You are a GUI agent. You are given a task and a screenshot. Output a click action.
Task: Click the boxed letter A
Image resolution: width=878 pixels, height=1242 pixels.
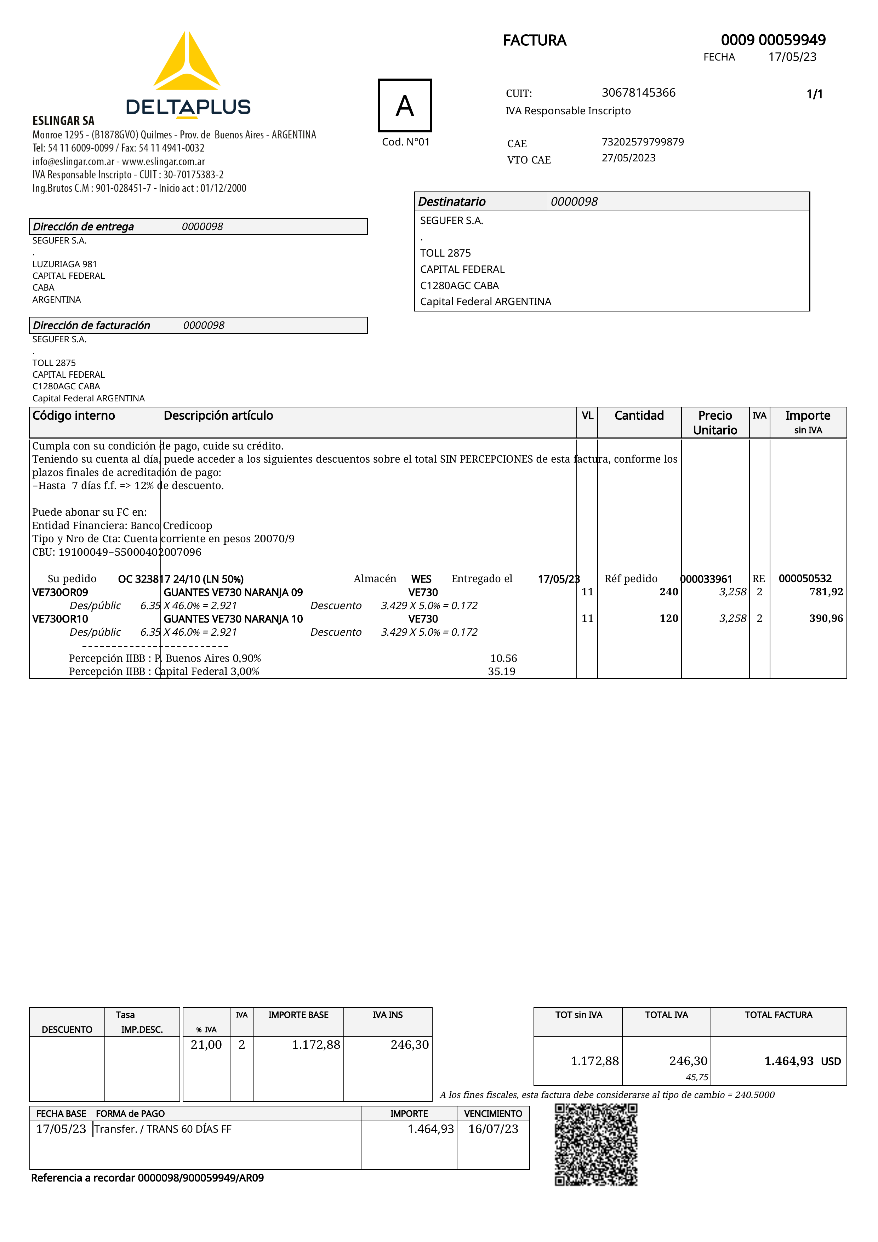(x=405, y=105)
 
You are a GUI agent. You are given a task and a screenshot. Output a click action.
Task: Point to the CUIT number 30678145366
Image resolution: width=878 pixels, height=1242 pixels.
(x=638, y=92)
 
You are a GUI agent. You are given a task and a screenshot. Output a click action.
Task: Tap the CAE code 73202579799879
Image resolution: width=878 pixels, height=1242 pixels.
(x=643, y=142)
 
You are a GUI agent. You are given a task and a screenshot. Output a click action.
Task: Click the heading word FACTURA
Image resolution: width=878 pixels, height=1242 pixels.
(x=535, y=41)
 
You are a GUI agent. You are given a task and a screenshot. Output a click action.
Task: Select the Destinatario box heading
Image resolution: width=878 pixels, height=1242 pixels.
(x=452, y=202)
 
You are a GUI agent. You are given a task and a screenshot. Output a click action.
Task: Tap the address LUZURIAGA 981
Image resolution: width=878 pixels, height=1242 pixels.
(x=64, y=264)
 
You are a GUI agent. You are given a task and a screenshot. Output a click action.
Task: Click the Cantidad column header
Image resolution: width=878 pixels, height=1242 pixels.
(x=639, y=416)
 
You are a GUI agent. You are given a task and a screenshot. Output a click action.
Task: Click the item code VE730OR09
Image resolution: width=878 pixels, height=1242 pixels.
(x=60, y=592)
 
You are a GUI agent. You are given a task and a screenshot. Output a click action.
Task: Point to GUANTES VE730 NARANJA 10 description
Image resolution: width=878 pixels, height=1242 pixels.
(x=233, y=619)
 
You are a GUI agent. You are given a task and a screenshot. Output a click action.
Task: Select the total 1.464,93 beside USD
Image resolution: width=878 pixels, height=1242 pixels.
(x=788, y=1061)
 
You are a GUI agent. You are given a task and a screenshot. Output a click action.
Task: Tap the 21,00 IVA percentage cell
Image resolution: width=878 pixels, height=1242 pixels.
(x=206, y=1044)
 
